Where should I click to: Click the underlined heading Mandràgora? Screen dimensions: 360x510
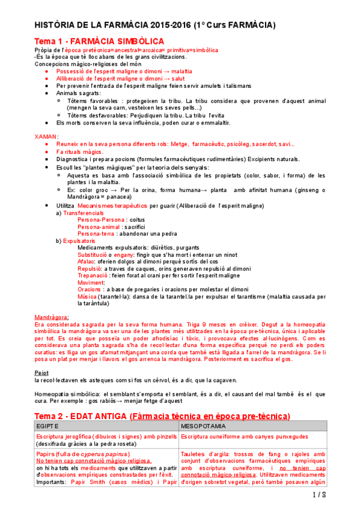51,317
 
